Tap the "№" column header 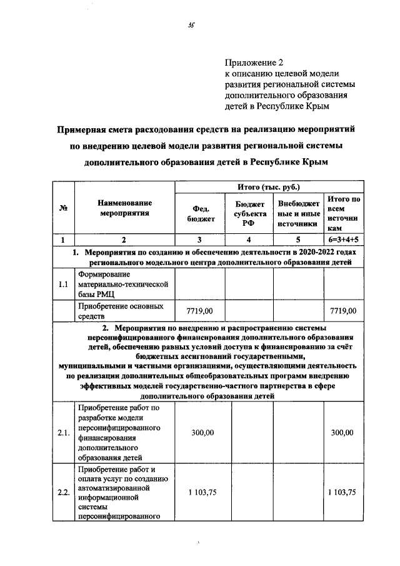click(x=63, y=208)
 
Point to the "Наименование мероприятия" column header click(x=124, y=208)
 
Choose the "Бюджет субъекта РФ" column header click(x=250, y=214)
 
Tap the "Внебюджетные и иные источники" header click(x=297, y=214)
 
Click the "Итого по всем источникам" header click(x=343, y=214)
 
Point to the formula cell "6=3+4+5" click(x=343, y=240)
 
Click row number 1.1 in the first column click(x=63, y=285)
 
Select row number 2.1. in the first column click(x=63, y=433)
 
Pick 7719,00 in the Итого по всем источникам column click(x=343, y=311)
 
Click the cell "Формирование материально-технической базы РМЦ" click(x=122, y=285)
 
